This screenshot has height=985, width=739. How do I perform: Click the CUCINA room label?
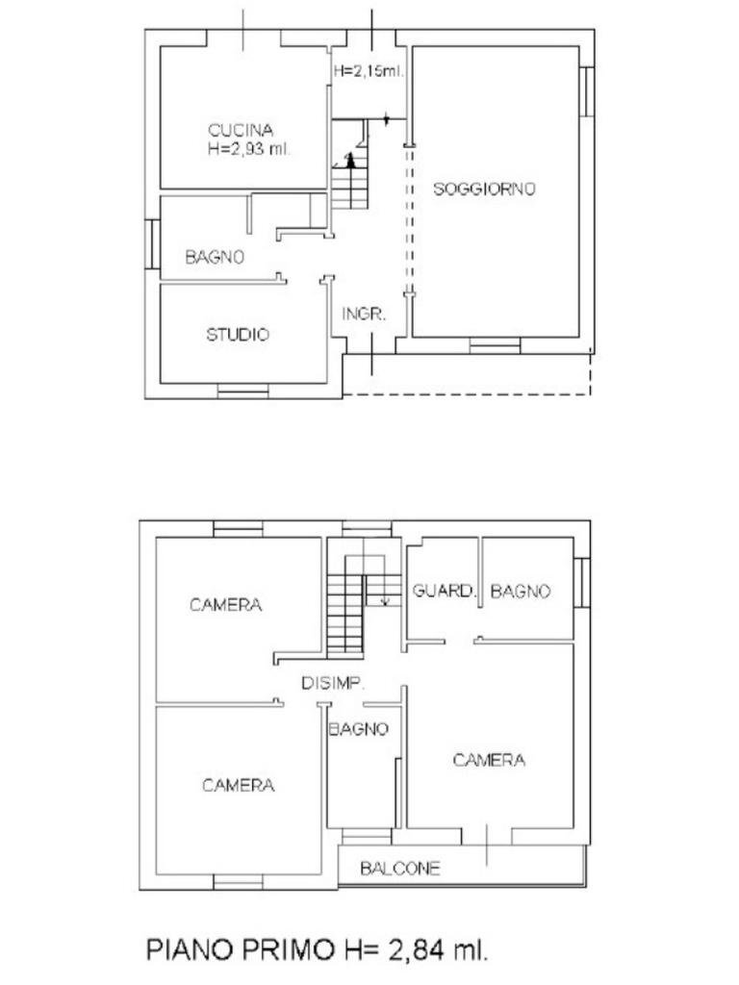(241, 130)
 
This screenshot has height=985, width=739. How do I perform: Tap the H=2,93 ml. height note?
(248, 149)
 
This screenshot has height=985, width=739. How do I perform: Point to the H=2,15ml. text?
(369, 71)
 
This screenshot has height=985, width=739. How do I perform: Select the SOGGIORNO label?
(484, 189)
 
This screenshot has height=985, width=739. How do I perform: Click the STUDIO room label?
(238, 335)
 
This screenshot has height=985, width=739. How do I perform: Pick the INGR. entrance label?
(365, 315)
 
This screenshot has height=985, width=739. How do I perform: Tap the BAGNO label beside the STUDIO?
(215, 258)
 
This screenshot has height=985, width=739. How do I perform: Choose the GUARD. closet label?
(444, 591)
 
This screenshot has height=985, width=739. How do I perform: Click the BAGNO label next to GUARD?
(521, 591)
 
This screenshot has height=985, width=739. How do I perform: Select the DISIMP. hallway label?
(332, 684)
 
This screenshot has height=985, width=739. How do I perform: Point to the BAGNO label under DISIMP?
(358, 729)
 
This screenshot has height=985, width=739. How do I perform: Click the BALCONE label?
(400, 869)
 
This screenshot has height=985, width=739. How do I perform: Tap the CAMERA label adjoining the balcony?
(489, 760)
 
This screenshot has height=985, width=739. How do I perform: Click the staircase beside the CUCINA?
(350, 183)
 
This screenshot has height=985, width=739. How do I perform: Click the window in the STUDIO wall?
(242, 391)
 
